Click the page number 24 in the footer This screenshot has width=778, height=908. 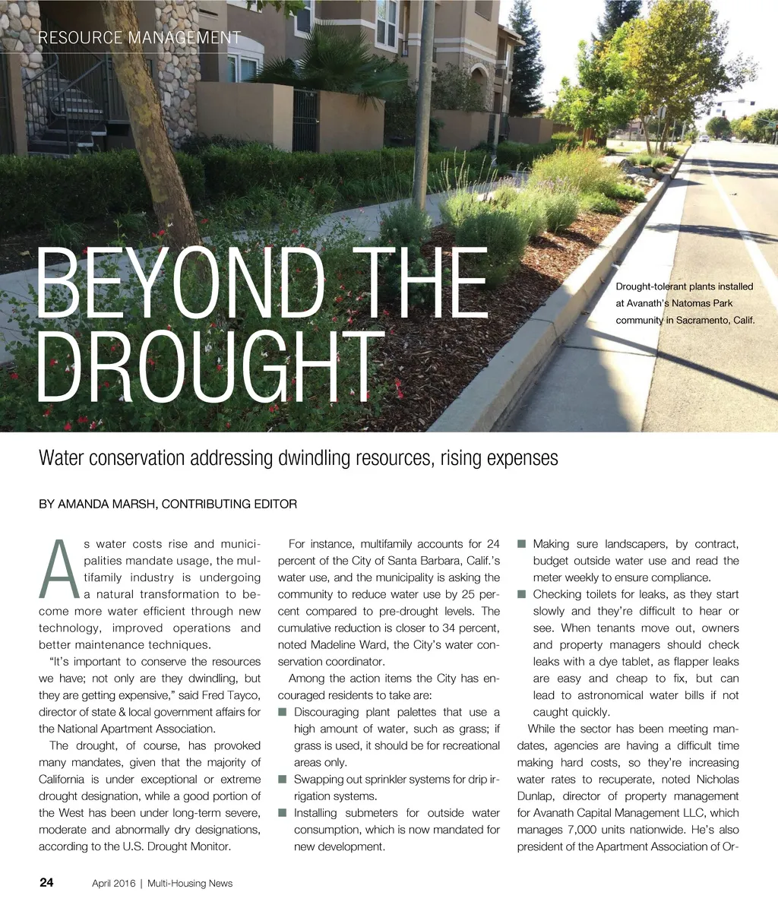point(46,883)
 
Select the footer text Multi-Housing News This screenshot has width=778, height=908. point(190,884)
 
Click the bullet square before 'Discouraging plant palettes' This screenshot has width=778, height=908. point(282,713)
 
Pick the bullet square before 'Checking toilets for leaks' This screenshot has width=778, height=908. point(521,595)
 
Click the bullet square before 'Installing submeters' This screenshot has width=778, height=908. point(282,814)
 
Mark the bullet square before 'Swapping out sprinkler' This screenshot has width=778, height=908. point(282,780)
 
